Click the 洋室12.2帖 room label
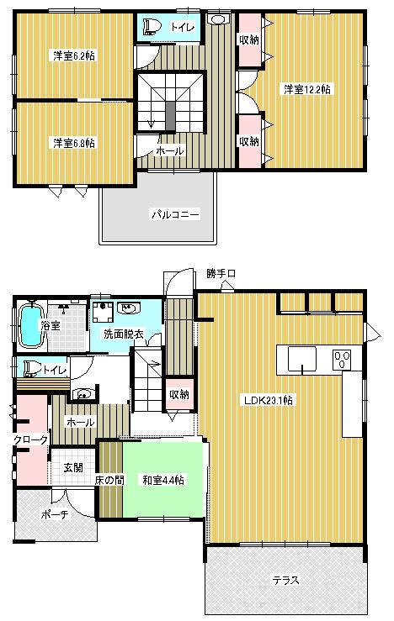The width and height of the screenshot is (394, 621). click(306, 88)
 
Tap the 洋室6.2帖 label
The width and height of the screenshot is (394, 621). click(73, 56)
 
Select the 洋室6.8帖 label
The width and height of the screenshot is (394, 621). click(73, 143)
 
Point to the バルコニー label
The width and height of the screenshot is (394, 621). click(175, 215)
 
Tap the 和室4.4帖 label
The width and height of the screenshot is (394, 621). click(163, 480)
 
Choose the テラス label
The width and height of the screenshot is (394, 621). click(285, 580)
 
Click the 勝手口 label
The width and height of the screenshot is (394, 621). click(221, 274)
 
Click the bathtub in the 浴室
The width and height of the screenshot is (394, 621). click(30, 325)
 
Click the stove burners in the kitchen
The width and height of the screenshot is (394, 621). click(343, 360)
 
